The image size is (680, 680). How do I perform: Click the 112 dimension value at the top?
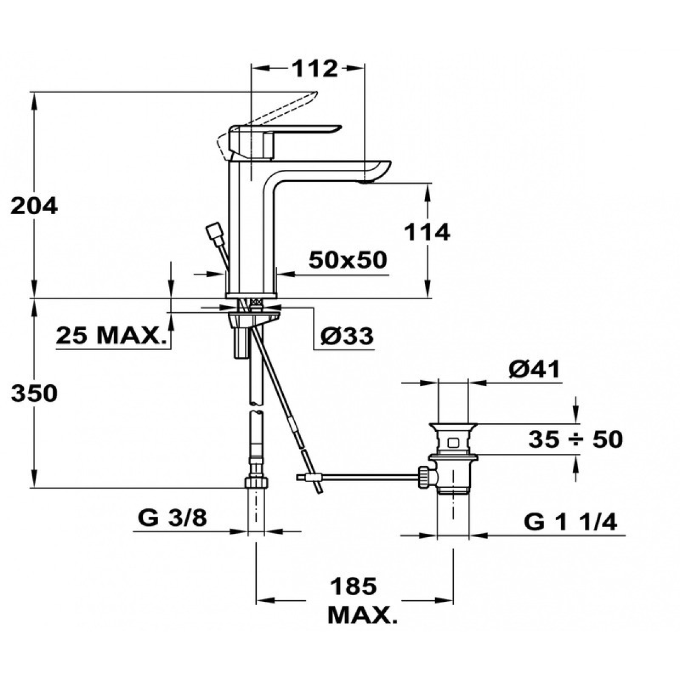coord(314,69)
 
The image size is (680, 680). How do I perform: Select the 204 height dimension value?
coord(34,206)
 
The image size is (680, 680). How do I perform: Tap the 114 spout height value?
coord(427,232)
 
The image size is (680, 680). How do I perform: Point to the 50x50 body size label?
coord(347,261)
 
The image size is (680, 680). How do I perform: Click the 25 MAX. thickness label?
coord(111,335)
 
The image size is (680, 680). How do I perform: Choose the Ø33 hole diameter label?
coord(347,335)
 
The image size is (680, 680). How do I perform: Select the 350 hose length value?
coord(34,393)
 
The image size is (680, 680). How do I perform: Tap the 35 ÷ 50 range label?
coord(576,440)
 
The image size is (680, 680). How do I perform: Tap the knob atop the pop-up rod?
coord(213,232)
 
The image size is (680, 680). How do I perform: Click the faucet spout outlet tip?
coord(366,181)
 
